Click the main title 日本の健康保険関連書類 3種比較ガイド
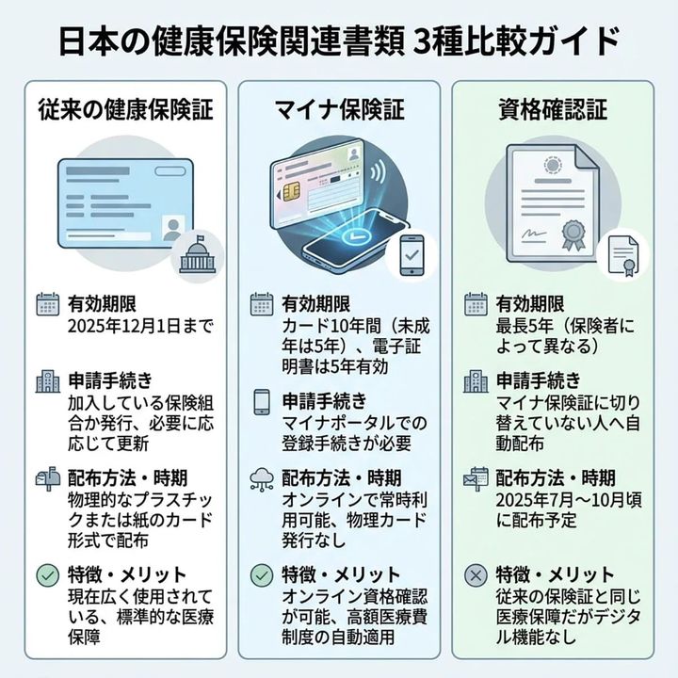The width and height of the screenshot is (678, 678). [339, 41]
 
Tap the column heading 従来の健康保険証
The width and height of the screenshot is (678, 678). [125, 110]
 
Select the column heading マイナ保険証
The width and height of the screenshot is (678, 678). [339, 110]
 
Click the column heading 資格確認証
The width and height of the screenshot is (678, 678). [551, 110]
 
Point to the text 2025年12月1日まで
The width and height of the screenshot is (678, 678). [140, 327]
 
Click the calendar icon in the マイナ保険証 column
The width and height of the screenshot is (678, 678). [262, 304]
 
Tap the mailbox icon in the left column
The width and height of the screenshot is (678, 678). [47, 477]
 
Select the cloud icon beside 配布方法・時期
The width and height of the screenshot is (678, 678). [262, 478]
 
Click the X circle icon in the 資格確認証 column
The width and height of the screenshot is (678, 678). [477, 573]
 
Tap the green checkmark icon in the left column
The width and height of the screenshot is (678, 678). [47, 573]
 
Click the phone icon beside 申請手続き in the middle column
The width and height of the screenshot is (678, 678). [262, 401]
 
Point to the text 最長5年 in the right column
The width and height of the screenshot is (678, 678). [522, 327]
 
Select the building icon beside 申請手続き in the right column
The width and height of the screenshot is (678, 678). [477, 381]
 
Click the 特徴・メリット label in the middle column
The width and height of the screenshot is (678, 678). [340, 574]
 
